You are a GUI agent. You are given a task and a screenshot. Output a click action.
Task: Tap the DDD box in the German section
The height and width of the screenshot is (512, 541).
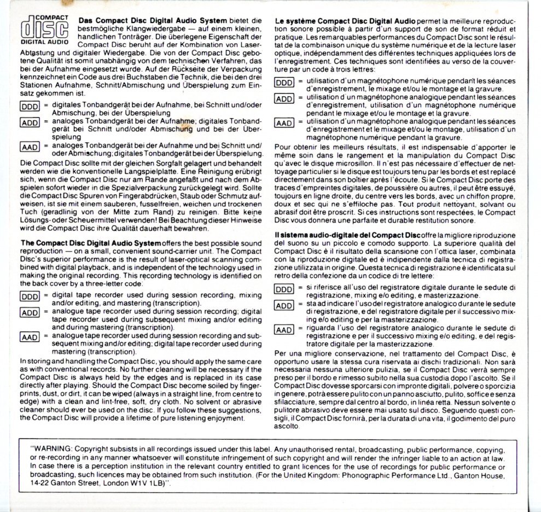pos(28,107)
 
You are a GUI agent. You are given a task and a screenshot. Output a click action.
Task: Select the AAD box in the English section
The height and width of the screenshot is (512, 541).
pos(29,338)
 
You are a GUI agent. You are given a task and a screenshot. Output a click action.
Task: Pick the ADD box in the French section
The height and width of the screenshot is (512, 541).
pos(284,99)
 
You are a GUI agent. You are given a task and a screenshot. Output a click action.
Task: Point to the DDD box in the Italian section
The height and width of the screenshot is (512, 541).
pos(284,289)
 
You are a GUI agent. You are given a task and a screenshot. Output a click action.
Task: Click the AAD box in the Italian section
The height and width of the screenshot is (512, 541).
pos(284,330)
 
